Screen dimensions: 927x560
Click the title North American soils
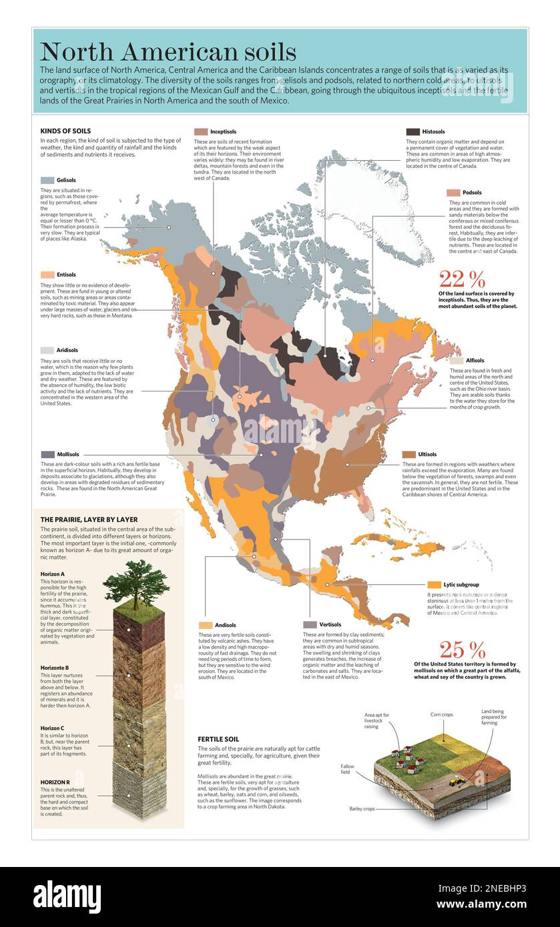click(x=168, y=52)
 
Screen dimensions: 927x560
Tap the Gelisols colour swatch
click(x=47, y=180)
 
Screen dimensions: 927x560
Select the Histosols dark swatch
click(x=412, y=132)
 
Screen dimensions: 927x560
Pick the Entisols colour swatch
click(x=47, y=275)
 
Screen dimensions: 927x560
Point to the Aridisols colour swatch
click(x=47, y=350)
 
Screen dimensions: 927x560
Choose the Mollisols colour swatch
click(x=47, y=454)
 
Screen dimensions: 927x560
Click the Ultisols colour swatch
click(x=408, y=454)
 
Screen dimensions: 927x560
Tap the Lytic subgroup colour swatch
click(x=434, y=584)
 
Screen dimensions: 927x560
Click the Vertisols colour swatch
click(x=309, y=625)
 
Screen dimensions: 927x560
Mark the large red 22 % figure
click(x=462, y=279)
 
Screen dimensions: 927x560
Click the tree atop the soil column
click(x=138, y=583)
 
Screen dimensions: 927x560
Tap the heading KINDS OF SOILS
click(x=65, y=131)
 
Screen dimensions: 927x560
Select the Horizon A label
click(x=53, y=574)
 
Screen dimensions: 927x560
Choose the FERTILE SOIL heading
click(x=218, y=739)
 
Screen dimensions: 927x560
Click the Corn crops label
click(x=442, y=714)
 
